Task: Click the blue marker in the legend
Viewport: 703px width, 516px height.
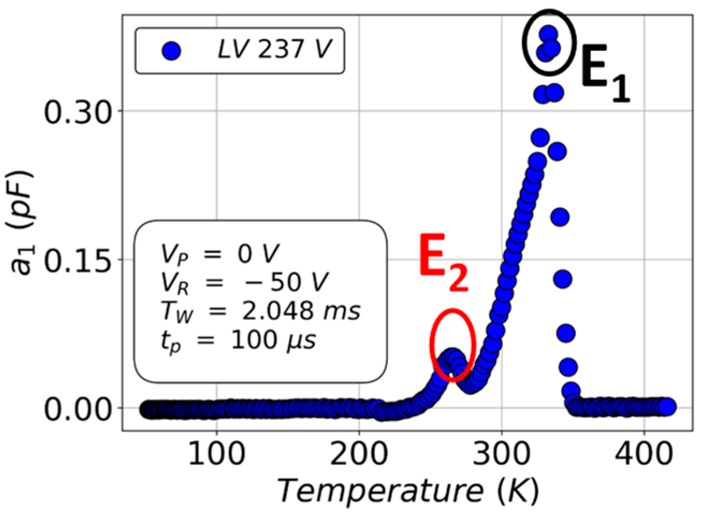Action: pos(171,51)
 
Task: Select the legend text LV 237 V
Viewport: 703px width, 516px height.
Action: pos(274,50)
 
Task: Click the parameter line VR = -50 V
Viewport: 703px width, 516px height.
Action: pos(244,282)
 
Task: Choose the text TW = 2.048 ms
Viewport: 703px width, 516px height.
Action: pos(260,311)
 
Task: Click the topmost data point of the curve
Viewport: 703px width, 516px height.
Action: pos(548,35)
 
